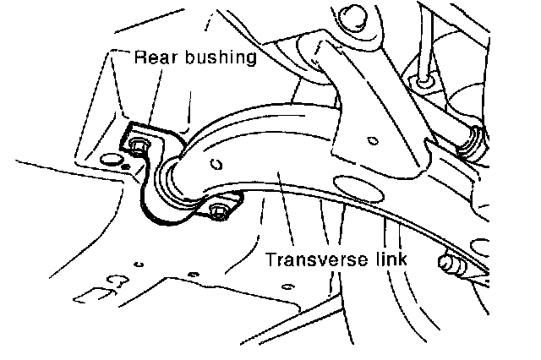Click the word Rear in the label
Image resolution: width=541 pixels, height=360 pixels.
(156, 59)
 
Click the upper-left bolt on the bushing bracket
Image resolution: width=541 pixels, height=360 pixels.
(139, 145)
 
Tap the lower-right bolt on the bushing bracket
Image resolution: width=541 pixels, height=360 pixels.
(219, 210)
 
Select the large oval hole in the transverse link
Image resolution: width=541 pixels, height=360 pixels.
(356, 184)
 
